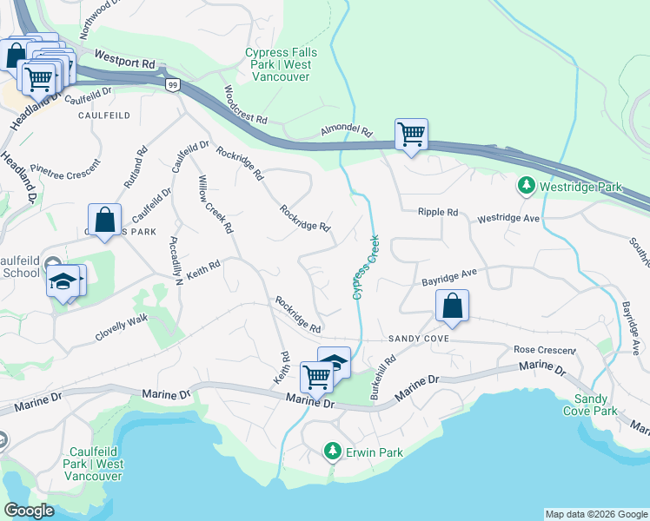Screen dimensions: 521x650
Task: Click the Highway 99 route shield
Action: coord(174,84)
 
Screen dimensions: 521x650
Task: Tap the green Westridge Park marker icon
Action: coord(525,187)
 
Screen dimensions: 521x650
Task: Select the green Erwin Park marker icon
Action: coord(331,452)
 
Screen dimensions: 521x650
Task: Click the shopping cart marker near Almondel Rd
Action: coord(411,135)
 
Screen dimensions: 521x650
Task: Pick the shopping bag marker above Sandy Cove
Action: coord(452,306)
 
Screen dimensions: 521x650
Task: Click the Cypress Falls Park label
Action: coord(281,65)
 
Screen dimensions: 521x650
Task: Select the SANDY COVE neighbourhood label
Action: coord(418,338)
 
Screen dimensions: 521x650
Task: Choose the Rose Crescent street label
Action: coord(545,350)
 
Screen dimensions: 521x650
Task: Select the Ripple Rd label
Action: coord(437,212)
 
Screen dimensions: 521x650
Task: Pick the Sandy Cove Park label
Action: coord(595,405)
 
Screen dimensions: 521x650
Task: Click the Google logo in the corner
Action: coord(30,511)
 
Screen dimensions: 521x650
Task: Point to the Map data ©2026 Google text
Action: coord(595,514)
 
